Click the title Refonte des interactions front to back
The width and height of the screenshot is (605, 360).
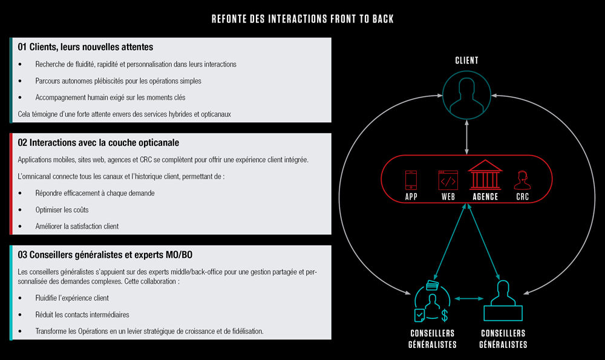(302, 19)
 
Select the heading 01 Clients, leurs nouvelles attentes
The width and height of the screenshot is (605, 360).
(85, 47)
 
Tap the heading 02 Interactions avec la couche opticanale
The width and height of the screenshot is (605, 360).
(99, 143)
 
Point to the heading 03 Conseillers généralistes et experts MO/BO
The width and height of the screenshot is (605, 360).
(105, 255)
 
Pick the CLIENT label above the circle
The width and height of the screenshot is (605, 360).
(466, 61)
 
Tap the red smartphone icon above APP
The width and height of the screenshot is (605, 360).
(411, 180)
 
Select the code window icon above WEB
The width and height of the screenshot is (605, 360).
(448, 180)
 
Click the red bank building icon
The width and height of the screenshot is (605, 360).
(485, 175)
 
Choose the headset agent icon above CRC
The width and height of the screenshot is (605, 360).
(522, 180)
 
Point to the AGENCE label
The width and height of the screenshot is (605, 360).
(485, 197)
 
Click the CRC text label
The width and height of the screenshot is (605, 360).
(523, 197)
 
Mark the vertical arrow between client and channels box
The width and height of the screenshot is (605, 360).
(466, 137)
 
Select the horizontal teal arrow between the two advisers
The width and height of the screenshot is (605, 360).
(469, 298)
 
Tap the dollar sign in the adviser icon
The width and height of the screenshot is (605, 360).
(445, 315)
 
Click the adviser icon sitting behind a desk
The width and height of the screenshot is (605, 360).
(503, 301)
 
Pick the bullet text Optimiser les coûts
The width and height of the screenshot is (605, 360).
(62, 210)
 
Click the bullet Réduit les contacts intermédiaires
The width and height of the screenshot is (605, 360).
(82, 315)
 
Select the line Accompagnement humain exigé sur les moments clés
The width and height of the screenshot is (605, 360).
(110, 97)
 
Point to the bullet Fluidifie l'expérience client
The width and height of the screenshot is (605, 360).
(72, 298)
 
